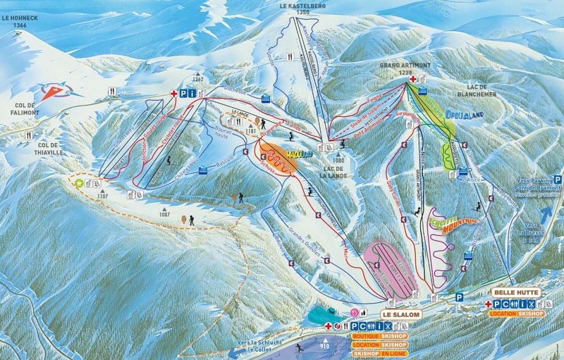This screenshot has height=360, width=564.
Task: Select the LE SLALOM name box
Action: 399,313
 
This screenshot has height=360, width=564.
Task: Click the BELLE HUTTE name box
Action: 517,292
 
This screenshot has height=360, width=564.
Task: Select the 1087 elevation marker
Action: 166,210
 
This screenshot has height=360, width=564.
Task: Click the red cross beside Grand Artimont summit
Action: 412,79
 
